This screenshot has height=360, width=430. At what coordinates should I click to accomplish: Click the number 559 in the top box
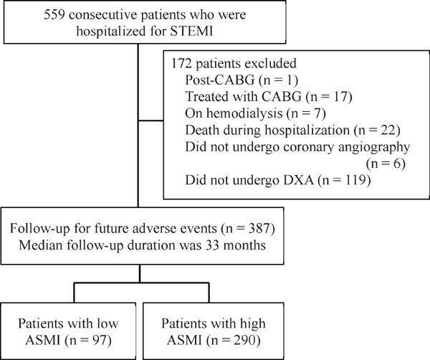[x=54, y=14]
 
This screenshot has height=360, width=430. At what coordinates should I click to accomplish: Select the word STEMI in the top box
[x=191, y=31]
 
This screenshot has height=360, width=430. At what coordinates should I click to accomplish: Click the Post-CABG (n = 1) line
[x=242, y=80]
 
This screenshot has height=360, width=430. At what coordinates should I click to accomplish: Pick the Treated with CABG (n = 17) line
[x=269, y=97]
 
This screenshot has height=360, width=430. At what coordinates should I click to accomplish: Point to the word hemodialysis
[x=234, y=113]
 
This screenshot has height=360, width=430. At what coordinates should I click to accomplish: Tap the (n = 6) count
[x=386, y=164]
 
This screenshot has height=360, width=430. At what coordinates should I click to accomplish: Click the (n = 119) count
[x=345, y=180]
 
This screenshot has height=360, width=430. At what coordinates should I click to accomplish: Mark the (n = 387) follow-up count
[x=248, y=228]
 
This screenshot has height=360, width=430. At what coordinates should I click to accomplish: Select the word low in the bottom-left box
[x=107, y=323]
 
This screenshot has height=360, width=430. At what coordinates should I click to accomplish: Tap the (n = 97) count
[x=88, y=340]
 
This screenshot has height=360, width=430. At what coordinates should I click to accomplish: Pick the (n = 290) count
[x=233, y=340]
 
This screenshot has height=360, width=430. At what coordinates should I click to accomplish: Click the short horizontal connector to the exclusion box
[x=150, y=120]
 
